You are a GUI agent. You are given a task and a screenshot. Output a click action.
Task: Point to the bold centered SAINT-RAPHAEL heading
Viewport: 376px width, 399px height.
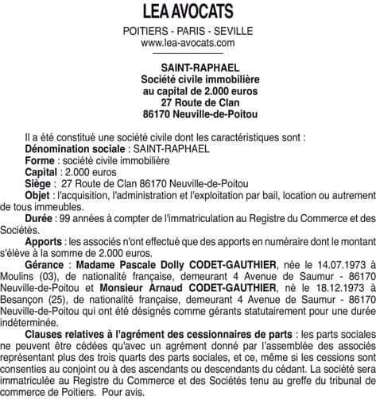188,68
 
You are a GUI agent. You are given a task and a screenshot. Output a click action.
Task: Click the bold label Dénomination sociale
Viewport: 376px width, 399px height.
75,148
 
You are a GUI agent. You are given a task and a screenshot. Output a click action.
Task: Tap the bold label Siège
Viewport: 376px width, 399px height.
39,183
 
